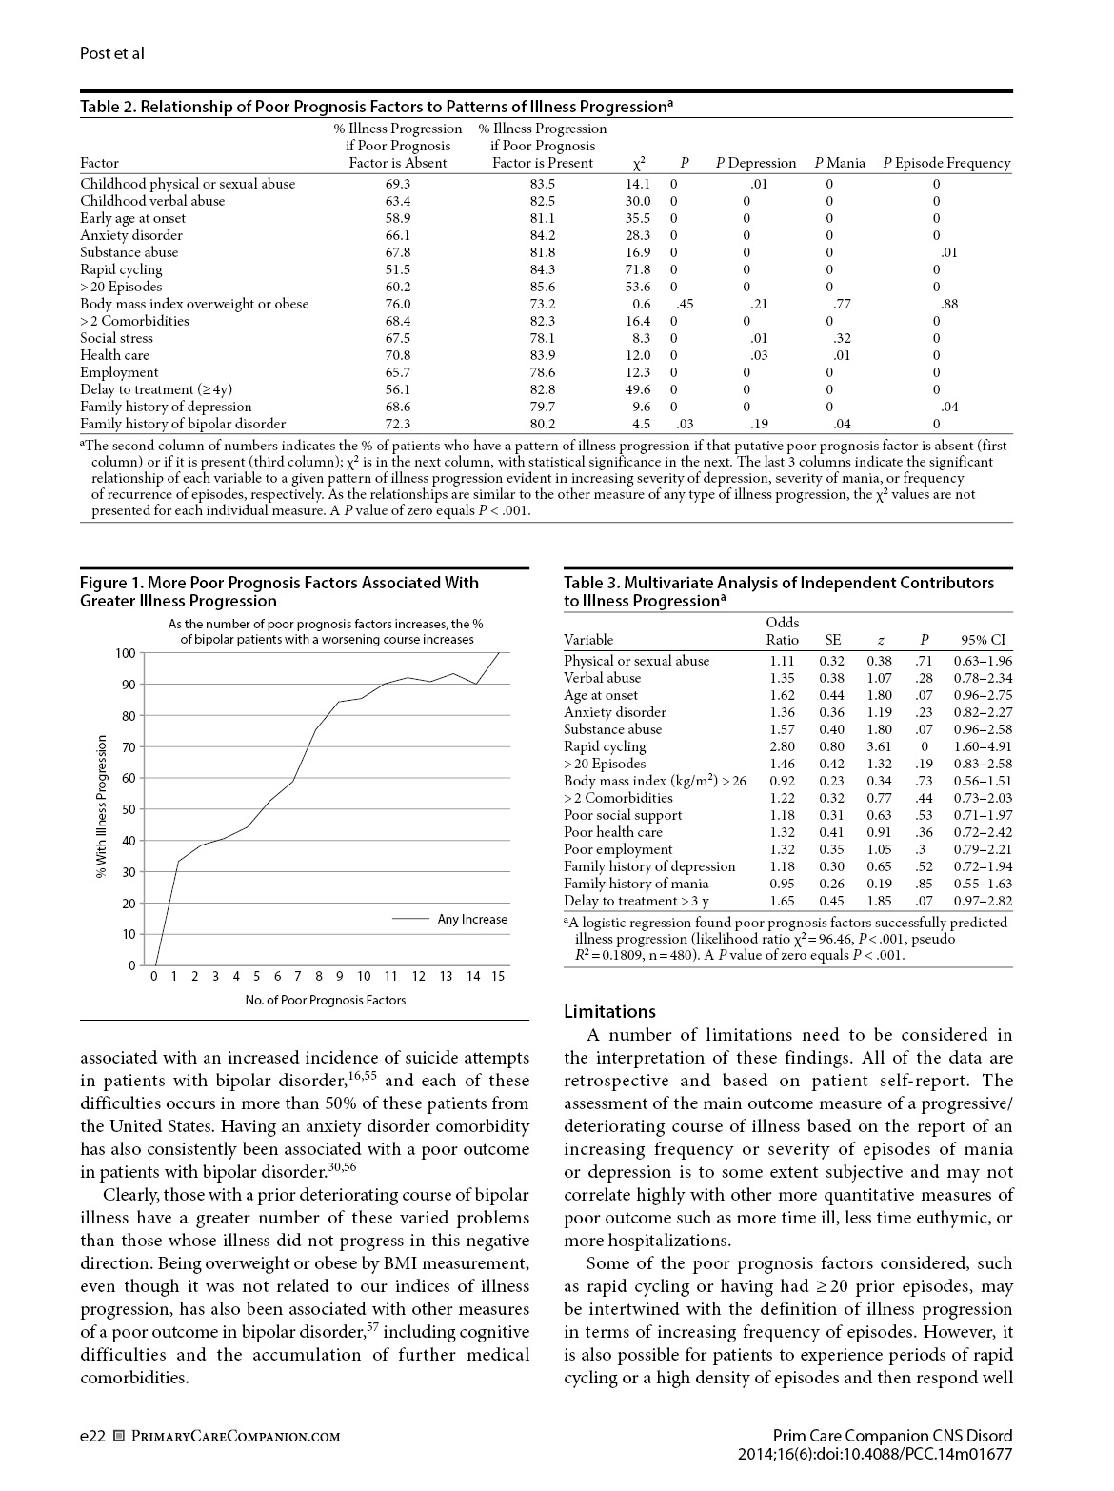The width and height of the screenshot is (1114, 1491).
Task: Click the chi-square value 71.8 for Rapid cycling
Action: pyautogui.click(x=638, y=269)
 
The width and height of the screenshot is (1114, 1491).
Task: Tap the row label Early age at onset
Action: pyautogui.click(x=133, y=218)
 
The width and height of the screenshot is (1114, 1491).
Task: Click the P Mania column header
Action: pyautogui.click(x=840, y=163)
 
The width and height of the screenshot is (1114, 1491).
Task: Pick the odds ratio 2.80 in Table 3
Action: pyautogui.click(x=782, y=746)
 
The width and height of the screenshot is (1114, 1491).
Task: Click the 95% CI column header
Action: pyautogui.click(x=983, y=640)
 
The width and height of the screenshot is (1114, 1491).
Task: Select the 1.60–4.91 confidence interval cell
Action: pyautogui.click(x=983, y=746)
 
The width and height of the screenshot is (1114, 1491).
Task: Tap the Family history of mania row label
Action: pyautogui.click(x=636, y=884)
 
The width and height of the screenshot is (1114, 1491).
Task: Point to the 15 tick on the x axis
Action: pyautogui.click(x=498, y=976)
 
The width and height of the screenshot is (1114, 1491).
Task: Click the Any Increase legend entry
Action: pyautogui.click(x=472, y=919)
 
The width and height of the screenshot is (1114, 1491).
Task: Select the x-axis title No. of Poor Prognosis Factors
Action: pyautogui.click(x=326, y=1000)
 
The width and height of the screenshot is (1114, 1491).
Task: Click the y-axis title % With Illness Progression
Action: pyautogui.click(x=102, y=808)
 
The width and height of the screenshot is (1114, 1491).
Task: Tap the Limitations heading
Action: pyautogui.click(x=609, y=1011)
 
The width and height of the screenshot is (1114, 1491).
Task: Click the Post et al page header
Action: pyautogui.click(x=112, y=53)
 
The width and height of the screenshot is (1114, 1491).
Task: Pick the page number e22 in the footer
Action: pyautogui.click(x=92, y=1436)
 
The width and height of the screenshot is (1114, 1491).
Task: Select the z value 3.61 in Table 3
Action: pyautogui.click(x=879, y=746)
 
